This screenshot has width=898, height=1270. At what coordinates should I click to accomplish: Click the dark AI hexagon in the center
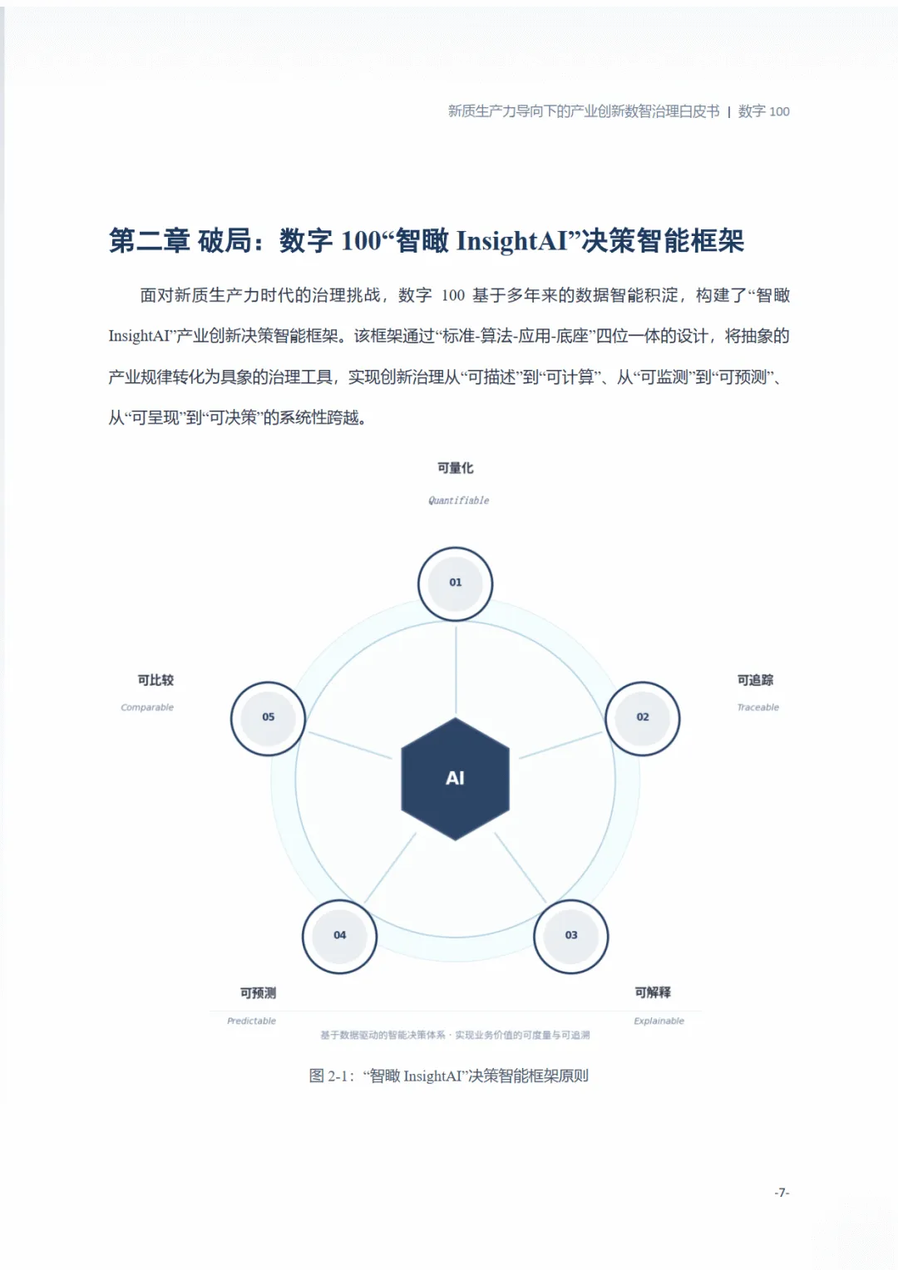point(455,779)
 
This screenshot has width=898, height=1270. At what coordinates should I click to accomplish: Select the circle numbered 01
point(455,583)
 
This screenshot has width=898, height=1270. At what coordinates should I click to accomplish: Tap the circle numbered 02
point(642,718)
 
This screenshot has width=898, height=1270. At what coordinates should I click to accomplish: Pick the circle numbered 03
point(570,936)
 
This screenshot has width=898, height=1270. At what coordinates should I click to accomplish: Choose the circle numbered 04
point(339,936)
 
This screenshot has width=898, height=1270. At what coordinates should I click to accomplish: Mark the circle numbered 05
point(268,718)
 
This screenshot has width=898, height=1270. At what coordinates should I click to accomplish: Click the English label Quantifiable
point(458,500)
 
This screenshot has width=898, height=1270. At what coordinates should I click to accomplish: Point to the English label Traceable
point(757,707)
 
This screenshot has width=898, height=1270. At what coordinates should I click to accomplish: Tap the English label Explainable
point(659,1021)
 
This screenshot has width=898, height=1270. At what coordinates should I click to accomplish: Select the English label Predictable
point(251,1021)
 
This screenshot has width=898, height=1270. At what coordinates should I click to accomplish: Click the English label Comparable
point(147,707)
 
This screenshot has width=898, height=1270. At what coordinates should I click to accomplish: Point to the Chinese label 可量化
point(455,468)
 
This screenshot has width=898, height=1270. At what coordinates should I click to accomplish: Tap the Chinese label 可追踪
point(755,680)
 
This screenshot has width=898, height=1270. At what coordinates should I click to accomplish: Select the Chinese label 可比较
point(155,680)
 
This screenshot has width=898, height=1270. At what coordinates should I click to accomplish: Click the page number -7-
point(782,1192)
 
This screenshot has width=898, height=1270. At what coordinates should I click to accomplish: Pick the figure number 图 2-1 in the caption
point(330,1076)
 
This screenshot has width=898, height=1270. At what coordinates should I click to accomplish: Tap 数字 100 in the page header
point(763,111)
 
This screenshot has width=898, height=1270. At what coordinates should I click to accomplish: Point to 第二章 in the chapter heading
point(150,241)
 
